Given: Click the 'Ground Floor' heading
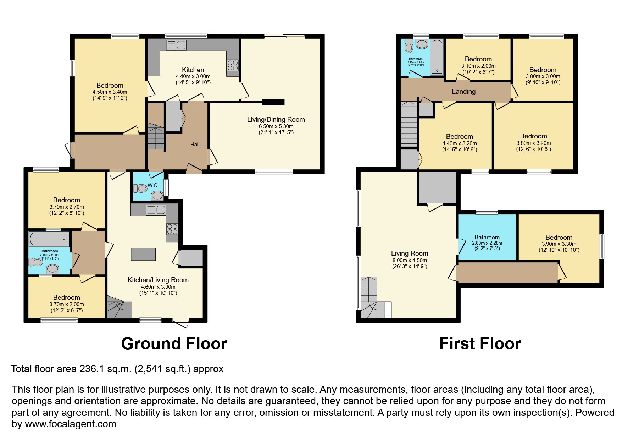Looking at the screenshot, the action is tap(174, 344).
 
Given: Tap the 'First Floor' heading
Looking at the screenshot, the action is tap(480, 344).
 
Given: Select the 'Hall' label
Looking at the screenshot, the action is tap(195, 144).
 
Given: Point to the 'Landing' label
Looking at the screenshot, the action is tap(463, 91).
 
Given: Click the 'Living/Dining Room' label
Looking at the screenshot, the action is tap(276, 119).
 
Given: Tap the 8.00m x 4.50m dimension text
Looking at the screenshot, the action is tap(410, 260).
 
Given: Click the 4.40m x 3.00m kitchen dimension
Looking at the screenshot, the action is tap(193, 76).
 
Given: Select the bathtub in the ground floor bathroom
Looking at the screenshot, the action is tap(49, 239).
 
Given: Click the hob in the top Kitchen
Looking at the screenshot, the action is tap(232, 66).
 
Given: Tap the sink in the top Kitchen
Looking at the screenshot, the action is tap(176, 45).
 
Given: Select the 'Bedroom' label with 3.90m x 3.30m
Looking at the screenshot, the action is tap(559, 237).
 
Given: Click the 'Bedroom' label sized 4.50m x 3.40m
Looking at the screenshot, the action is tap(110, 85).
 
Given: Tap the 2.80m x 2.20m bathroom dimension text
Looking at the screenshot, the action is tap(487, 243).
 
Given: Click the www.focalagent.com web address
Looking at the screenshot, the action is tap(70, 424).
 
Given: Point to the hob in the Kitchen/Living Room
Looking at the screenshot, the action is tap(172, 229).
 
